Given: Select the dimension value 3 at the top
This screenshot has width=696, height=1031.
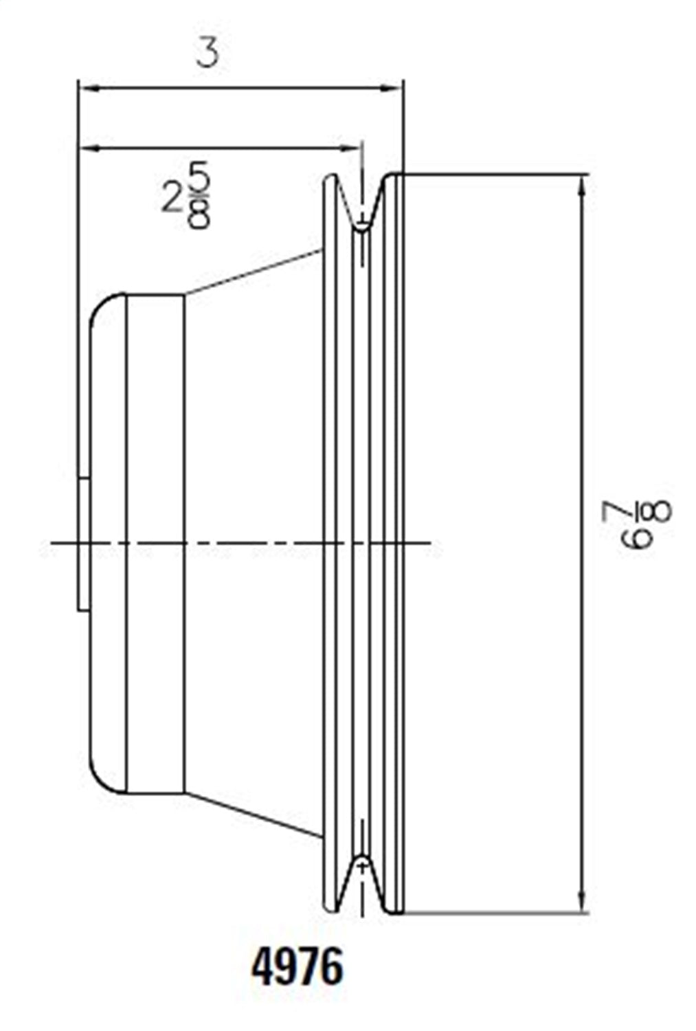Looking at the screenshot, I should point(207,53).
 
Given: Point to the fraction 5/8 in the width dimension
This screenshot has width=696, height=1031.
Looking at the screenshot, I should point(198,196).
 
